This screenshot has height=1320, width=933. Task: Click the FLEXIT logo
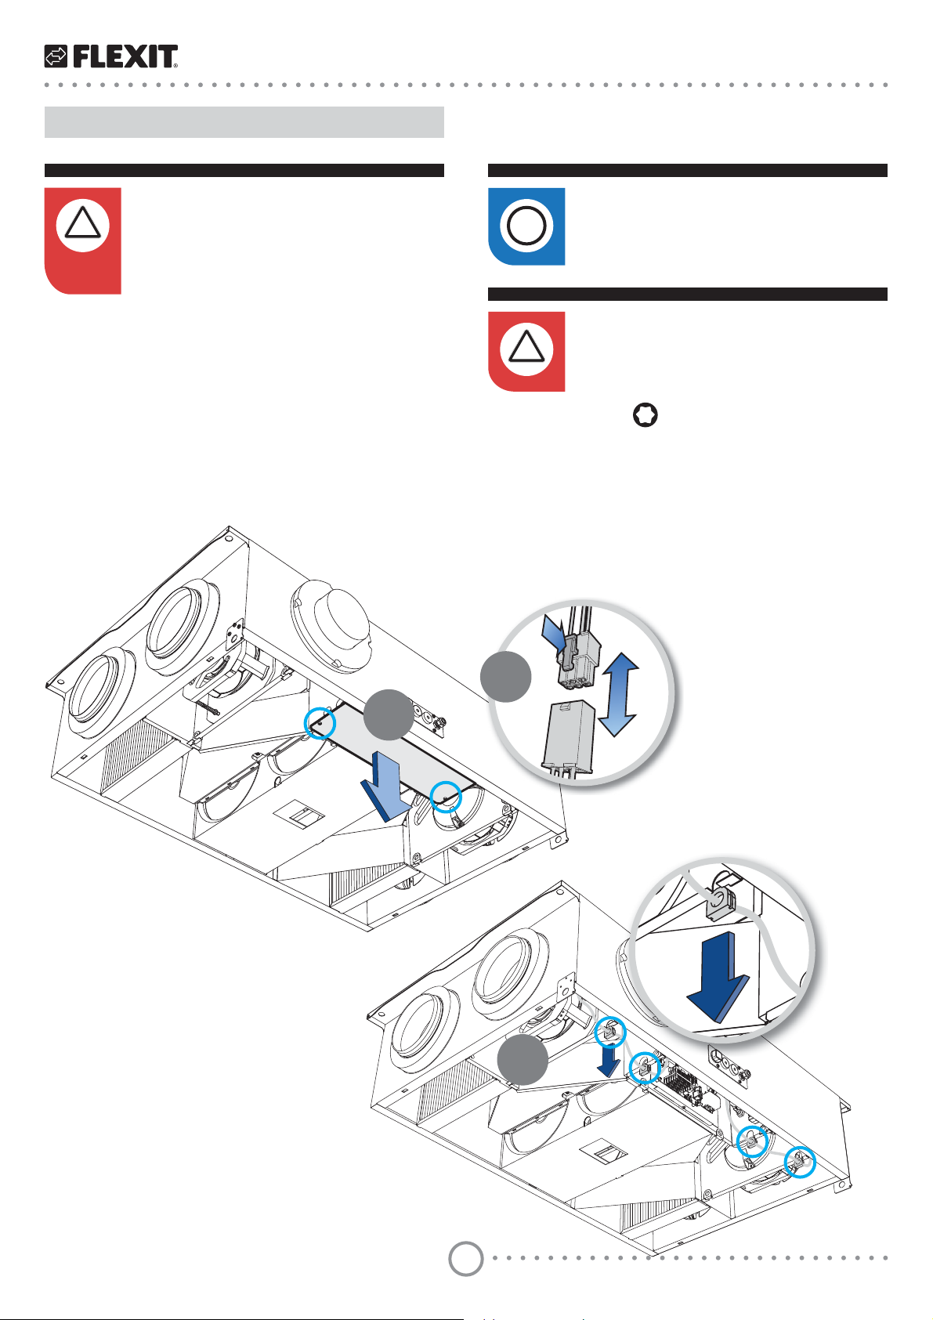point(111,56)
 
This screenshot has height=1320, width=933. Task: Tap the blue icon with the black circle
point(526,226)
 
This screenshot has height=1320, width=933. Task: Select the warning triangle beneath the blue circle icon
point(526,350)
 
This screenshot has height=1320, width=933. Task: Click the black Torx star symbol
point(645,416)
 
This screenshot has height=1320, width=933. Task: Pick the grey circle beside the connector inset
point(506,676)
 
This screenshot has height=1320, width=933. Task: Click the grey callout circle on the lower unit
point(523,1060)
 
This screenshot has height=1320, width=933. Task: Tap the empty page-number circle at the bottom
point(465,1258)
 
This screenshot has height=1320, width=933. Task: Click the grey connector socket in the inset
point(568,734)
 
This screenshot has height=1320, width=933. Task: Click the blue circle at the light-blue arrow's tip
point(445,797)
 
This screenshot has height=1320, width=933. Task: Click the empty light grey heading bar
point(244,122)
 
